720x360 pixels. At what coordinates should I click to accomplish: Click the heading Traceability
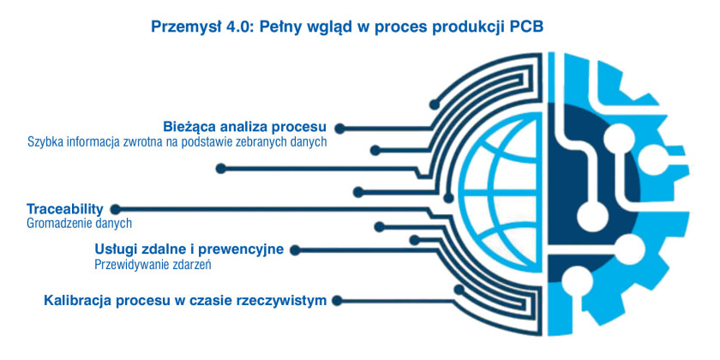pyautogui.click(x=65, y=209)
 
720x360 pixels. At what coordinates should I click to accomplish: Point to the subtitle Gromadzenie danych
pyautogui.click(x=80, y=224)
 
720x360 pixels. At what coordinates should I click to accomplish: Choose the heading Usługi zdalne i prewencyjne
pyautogui.click(x=189, y=249)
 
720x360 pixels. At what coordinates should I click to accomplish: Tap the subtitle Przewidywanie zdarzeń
pyautogui.click(x=153, y=265)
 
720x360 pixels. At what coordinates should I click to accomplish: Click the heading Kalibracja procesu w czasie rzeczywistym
pyautogui.click(x=185, y=301)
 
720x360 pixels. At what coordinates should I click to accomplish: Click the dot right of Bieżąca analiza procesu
pyautogui.click(x=339, y=129)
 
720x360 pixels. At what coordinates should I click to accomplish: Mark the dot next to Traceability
pyautogui.click(x=116, y=210)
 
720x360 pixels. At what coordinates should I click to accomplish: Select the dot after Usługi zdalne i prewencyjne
pyautogui.click(x=295, y=250)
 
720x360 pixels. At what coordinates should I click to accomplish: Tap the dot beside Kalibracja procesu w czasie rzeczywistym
pyautogui.click(x=337, y=301)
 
